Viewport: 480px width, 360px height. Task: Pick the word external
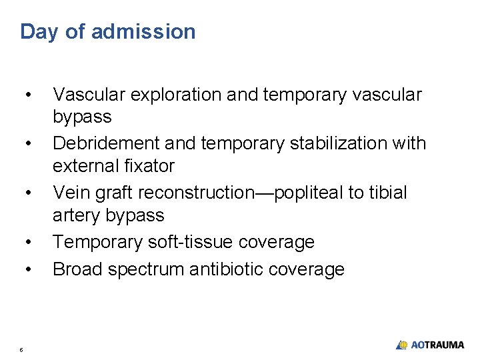(x=85, y=165)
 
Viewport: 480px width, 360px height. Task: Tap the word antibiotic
(x=226, y=269)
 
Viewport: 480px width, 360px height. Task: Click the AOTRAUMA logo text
(x=437, y=345)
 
